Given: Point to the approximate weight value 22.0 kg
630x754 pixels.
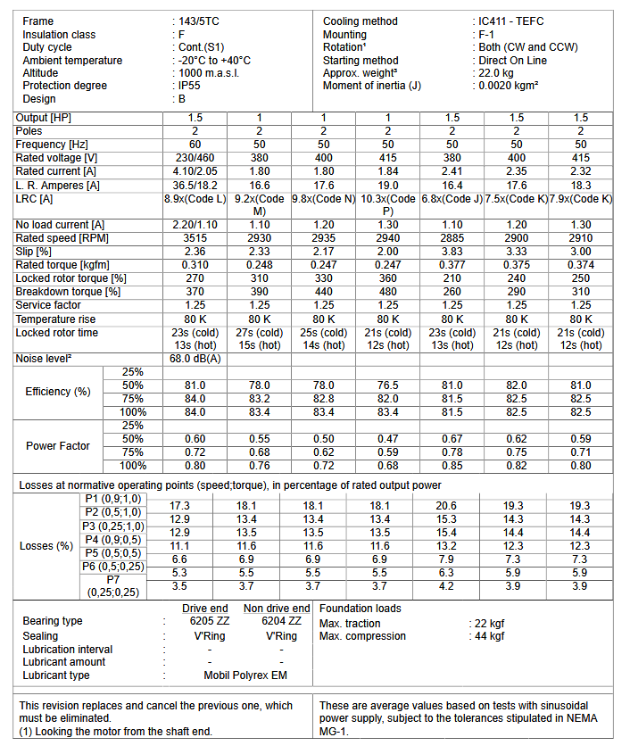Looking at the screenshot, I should [x=500, y=73].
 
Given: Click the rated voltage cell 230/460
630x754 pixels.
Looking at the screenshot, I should [x=195, y=158].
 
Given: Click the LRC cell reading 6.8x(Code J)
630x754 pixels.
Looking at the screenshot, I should [x=452, y=198].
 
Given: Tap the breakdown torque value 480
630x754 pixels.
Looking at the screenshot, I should [x=388, y=292].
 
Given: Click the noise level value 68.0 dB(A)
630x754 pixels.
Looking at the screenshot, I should [x=195, y=359].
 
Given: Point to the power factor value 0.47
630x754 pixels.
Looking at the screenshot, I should [x=388, y=439].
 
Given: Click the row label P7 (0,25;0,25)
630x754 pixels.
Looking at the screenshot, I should [x=112, y=585].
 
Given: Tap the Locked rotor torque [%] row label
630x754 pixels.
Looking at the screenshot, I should [x=70, y=278].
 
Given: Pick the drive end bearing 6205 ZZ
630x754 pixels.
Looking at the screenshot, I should [x=207, y=621].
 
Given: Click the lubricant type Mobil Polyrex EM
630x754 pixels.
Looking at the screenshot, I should [x=245, y=675].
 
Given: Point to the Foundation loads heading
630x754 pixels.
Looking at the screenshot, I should [x=360, y=609].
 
